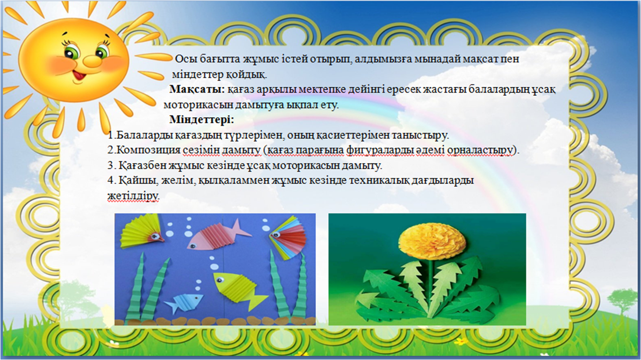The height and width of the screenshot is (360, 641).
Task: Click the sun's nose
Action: (91, 59)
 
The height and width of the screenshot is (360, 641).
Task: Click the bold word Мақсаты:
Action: (197, 89)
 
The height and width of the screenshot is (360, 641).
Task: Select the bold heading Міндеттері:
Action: (202, 120)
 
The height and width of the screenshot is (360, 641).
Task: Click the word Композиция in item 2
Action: (148, 150)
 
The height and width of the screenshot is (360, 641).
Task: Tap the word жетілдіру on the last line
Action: (133, 196)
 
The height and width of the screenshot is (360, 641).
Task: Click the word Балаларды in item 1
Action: (145, 135)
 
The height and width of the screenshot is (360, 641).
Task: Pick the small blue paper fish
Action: (184, 303)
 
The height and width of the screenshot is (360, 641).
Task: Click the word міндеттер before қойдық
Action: (198, 74)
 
